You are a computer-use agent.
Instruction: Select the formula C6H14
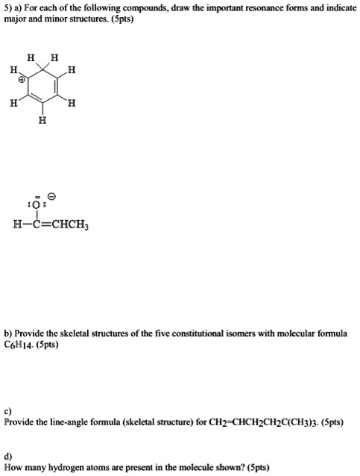[16, 345]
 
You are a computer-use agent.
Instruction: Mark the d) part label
[7, 457]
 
